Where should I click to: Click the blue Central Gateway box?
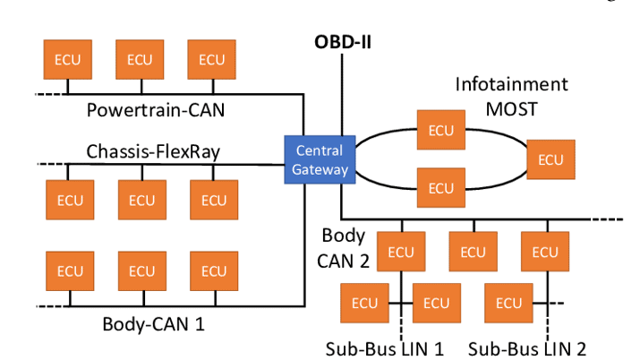coord(319,159)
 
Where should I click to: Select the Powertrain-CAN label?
coord(156,111)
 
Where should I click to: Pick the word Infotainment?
coord(511,85)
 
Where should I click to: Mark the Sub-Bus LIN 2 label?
coord(532,347)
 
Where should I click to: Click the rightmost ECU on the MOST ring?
coord(550,159)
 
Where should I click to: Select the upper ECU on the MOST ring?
coord(440,131)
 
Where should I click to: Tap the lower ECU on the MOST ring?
coord(440,187)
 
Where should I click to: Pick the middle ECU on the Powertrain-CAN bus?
coord(140,60)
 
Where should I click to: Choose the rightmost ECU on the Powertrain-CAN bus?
coord(211,60)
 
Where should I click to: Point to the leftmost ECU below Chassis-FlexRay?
coord(70,200)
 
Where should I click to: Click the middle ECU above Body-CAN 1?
coord(141,270)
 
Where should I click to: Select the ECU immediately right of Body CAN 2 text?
coord(401,252)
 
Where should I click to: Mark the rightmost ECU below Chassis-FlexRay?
coord(213,200)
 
